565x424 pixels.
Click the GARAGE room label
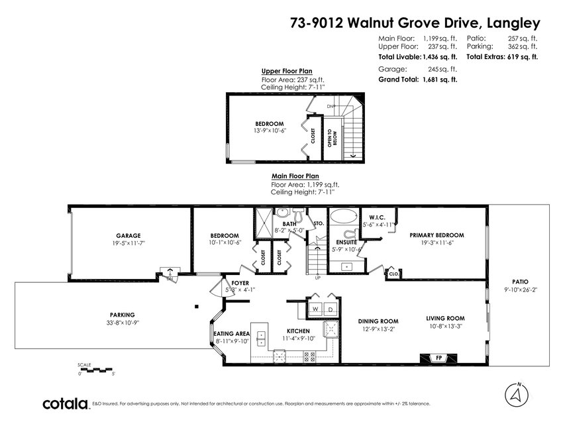tap(128, 236)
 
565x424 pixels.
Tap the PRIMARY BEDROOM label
tap(437, 235)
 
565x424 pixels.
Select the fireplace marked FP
tap(438, 358)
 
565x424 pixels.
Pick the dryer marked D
tap(331, 309)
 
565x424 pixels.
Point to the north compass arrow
tap(517, 394)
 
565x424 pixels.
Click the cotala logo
tap(66, 403)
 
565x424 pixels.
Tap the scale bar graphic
tap(95, 370)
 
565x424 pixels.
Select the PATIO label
tap(521, 282)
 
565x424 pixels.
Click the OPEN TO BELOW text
tap(333, 138)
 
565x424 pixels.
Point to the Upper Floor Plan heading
tap(287, 71)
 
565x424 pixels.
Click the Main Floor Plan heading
tap(295, 176)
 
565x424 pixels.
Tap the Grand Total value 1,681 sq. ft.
tap(440, 79)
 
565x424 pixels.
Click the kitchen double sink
tap(260, 338)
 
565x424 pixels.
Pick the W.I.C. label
tap(377, 217)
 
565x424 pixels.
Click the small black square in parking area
tap(197, 307)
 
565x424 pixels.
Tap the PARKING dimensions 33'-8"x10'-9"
tap(123, 323)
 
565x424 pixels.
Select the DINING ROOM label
tap(378, 321)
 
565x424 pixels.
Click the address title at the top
tap(415, 23)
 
